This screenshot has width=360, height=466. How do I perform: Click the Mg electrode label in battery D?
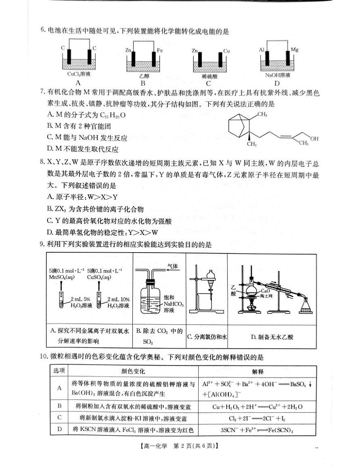click(x=295, y=50)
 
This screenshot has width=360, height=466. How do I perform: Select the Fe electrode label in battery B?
click(x=160, y=50)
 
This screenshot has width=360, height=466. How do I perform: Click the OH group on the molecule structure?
click(x=314, y=139)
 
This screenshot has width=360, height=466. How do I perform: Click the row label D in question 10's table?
click(x=59, y=430)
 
